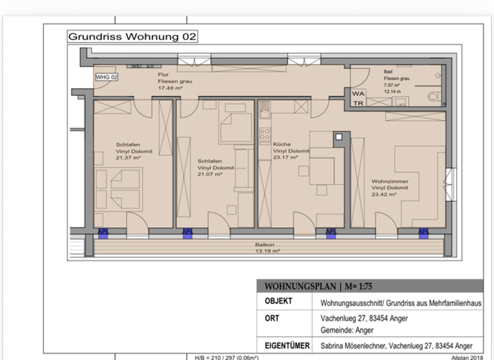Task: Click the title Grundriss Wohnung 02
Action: (132, 37)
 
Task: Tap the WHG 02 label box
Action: (107, 77)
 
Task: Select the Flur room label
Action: (164, 75)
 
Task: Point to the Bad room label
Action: (388, 72)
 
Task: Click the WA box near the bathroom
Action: (358, 93)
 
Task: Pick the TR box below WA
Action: (358, 103)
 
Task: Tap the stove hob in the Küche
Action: (264, 134)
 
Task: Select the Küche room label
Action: (282, 145)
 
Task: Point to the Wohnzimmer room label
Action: (390, 181)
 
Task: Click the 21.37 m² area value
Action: (128, 157)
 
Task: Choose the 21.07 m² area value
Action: (210, 174)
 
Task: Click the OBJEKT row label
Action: (279, 301)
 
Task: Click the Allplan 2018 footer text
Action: (466, 357)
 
